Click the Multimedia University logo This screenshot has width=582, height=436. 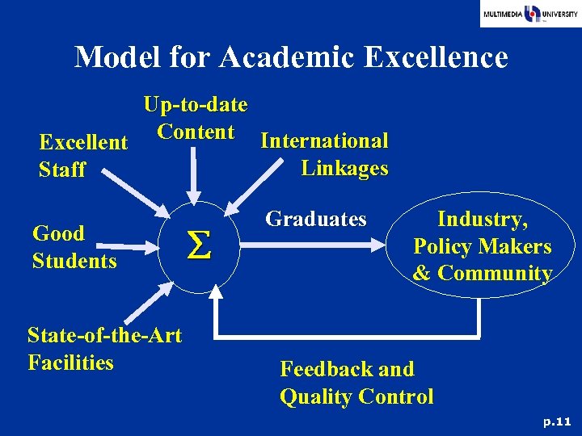point(530,14)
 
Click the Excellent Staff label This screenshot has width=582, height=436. point(83,156)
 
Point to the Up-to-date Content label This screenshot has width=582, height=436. point(196,119)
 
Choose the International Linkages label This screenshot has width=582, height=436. point(325,154)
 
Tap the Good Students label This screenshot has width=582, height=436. point(74,247)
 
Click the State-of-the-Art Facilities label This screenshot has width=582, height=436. point(104,348)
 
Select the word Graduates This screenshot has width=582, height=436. point(316,219)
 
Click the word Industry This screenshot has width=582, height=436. point(482,219)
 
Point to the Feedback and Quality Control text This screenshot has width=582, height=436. point(356,383)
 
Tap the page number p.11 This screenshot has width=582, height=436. point(557,421)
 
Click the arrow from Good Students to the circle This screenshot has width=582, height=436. point(137,242)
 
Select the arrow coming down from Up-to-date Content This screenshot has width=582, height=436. point(194,178)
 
